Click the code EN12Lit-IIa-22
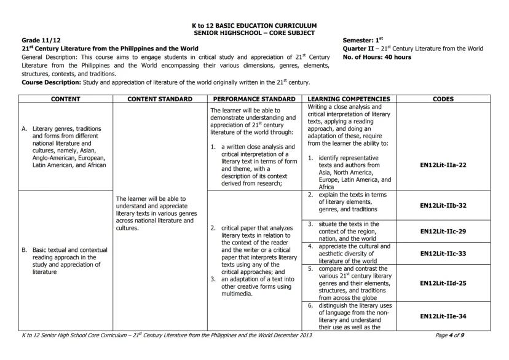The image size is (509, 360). click(x=443, y=165)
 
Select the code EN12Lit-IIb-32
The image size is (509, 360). click(x=443, y=205)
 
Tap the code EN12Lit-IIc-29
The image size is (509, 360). click(x=443, y=231)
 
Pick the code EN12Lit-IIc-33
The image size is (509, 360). click(x=443, y=253)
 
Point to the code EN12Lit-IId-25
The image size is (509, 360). click(x=443, y=283)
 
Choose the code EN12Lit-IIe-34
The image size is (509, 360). click(x=443, y=316)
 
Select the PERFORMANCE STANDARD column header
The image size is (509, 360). click(x=255, y=98)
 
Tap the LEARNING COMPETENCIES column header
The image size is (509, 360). click(x=349, y=98)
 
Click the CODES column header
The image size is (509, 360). click(x=443, y=98)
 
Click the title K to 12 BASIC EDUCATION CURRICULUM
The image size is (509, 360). click(x=254, y=26)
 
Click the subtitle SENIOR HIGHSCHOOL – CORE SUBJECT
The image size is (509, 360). click(x=254, y=33)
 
